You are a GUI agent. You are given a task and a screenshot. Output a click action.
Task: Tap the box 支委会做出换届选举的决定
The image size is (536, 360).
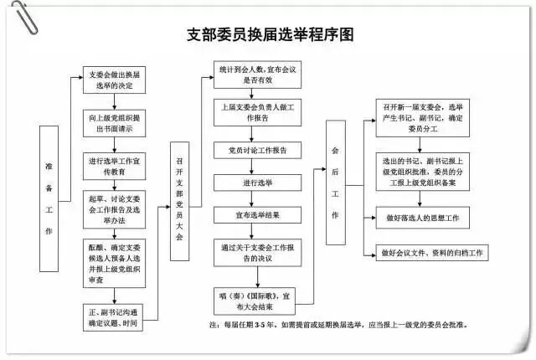116,80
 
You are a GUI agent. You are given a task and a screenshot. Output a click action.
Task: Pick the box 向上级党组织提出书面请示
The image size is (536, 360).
116,124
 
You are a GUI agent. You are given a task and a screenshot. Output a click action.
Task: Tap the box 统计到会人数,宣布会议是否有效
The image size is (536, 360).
256,75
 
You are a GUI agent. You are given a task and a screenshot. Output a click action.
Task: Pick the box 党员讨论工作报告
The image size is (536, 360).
256,151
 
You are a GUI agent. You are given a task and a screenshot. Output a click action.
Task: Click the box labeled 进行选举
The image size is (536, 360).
256,182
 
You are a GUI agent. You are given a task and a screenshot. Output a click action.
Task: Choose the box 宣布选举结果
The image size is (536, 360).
256,215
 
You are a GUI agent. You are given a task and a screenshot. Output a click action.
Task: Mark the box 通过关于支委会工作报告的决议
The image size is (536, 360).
256,254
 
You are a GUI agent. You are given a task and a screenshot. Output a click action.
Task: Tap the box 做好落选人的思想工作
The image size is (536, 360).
422,218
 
